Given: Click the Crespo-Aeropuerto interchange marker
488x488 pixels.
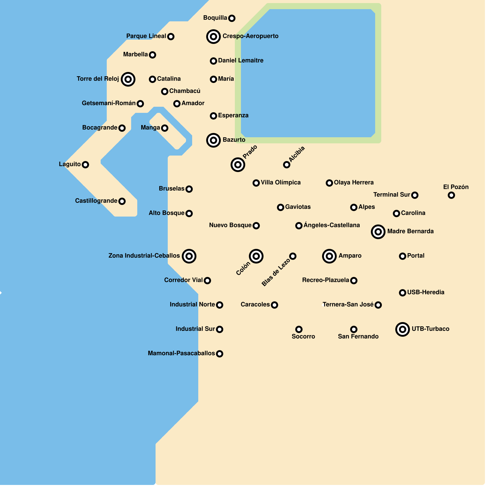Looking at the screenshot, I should tap(213, 37).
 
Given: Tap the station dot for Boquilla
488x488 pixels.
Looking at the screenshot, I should tap(232, 18).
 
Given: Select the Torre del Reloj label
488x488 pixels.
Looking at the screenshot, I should tap(98, 79).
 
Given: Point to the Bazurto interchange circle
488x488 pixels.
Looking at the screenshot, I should tap(213, 140).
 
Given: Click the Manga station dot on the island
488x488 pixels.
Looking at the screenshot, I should tap(165, 128).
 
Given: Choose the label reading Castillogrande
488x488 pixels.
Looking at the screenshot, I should tap(96, 201).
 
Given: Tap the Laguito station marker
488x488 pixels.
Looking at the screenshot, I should tap(85, 165).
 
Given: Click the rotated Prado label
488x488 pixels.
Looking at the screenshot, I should tap(250, 152).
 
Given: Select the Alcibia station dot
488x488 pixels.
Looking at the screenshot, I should tap(287, 165).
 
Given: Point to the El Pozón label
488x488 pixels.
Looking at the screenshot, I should tap(456, 187).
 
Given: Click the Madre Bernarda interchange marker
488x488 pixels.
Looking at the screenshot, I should tap(378, 232).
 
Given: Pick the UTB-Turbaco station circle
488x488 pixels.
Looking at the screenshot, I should tap(403, 329).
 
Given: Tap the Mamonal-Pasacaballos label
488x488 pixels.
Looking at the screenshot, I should tap(181, 353).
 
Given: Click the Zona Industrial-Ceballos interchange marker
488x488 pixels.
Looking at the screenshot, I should tap(189, 256).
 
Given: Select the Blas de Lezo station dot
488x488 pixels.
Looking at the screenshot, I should tap(293, 256).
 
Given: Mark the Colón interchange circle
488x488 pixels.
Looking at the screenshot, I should tap(256, 256).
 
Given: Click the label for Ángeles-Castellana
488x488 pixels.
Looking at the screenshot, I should tap(332, 225).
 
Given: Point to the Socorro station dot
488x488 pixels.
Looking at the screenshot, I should tap(299, 329).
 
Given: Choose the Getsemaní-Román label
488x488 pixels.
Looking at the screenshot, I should tap(109, 103).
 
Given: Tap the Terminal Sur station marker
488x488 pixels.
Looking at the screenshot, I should tap(415, 195).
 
